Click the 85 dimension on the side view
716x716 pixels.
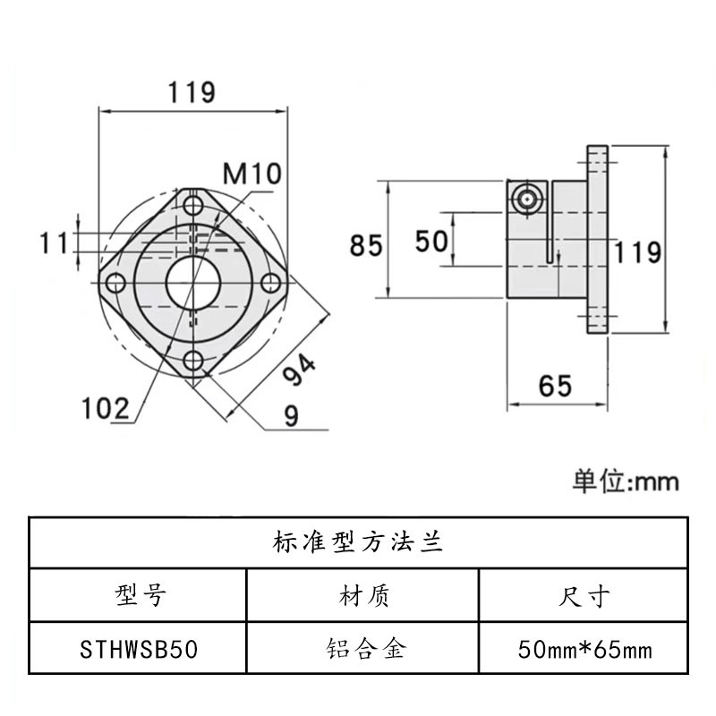pos(366,244)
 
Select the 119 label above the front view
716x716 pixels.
pos(192,91)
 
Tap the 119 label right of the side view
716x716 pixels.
pos(637,251)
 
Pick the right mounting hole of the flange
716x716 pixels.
pos(269,284)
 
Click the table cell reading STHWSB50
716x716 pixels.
pos(138,648)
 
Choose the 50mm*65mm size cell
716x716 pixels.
pos(585,648)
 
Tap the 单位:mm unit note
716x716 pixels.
pos(626,482)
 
